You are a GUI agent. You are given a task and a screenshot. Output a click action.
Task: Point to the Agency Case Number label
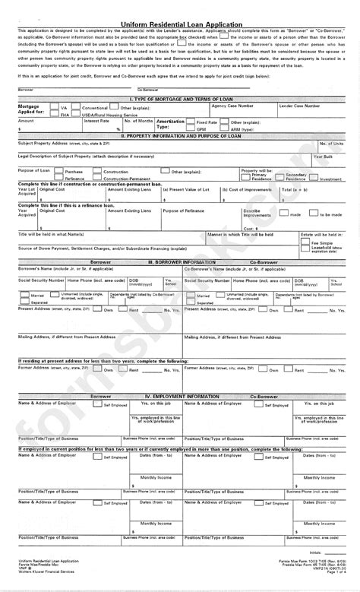(231, 106)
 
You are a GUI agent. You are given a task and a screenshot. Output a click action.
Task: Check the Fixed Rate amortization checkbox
(191, 122)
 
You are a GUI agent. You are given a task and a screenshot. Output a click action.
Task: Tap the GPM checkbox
(191, 128)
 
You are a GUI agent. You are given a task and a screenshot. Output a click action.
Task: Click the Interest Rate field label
(96, 120)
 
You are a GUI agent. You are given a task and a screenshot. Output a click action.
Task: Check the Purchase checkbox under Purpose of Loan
(59, 172)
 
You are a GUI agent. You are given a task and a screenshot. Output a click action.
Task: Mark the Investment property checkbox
(315, 179)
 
